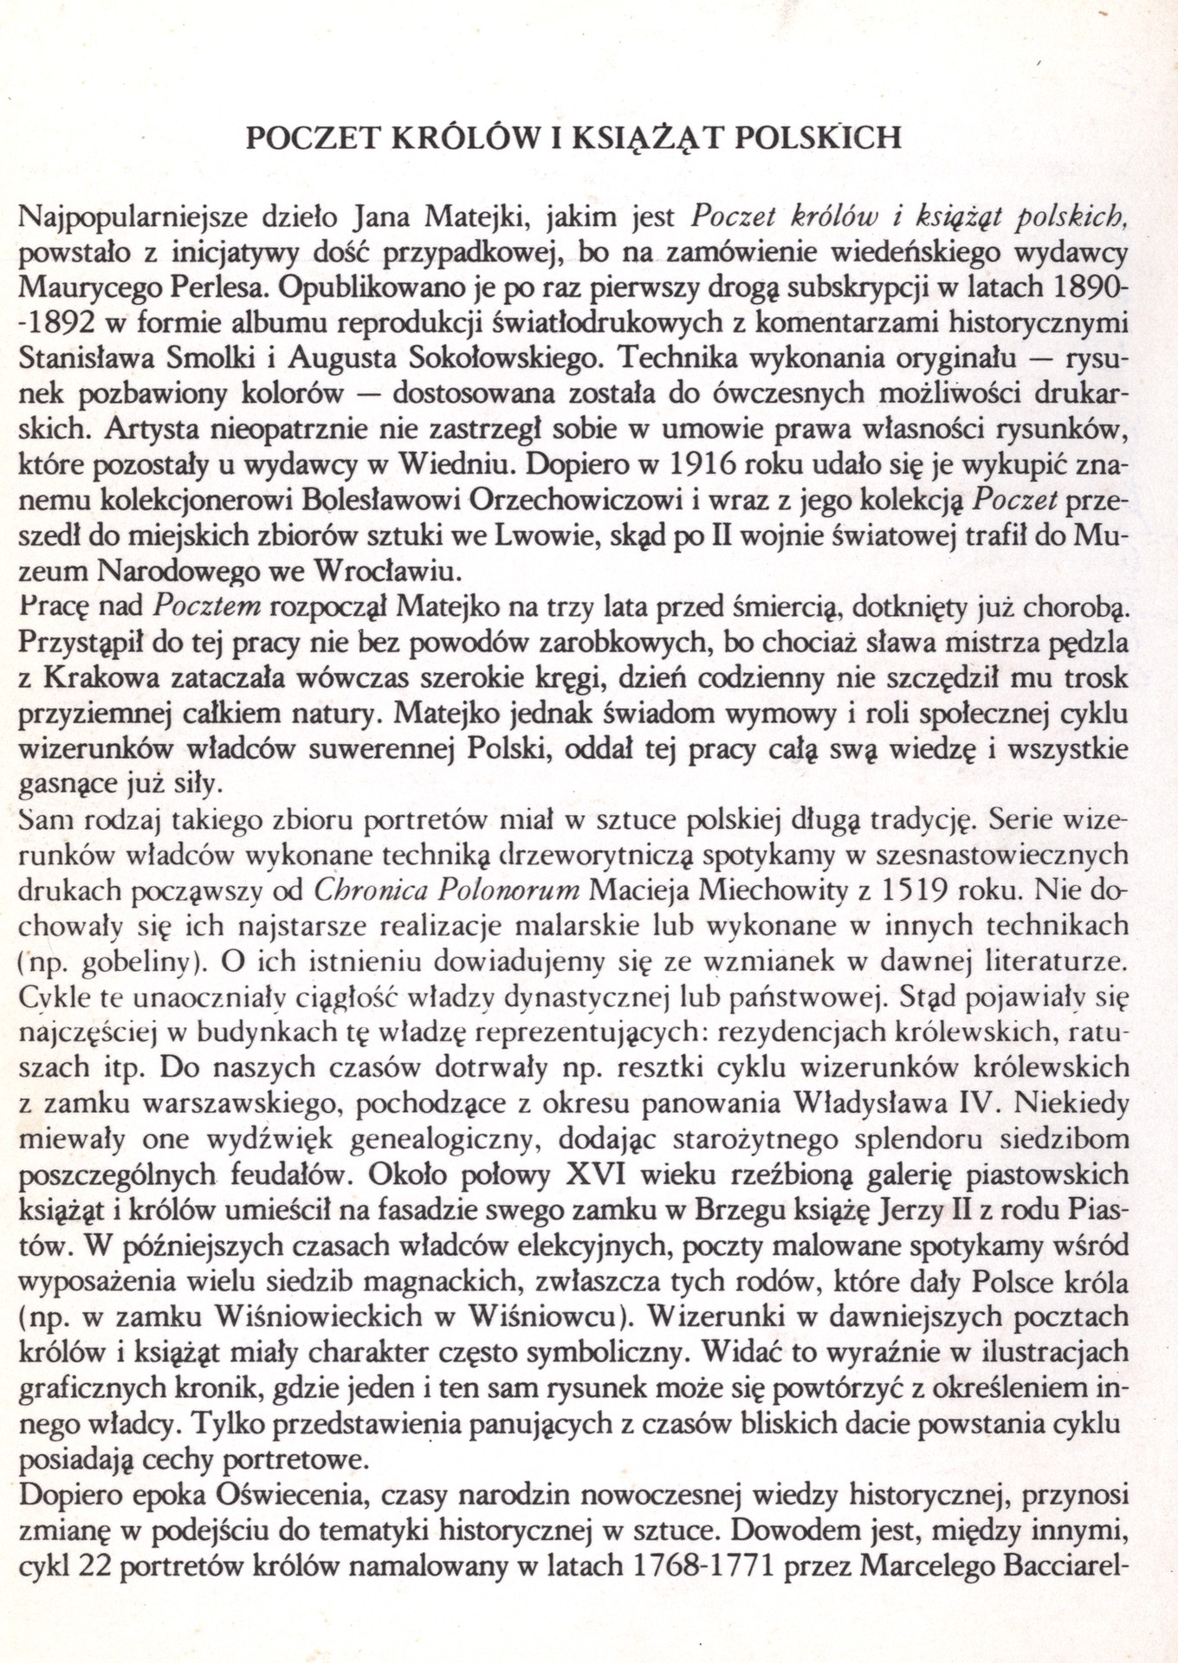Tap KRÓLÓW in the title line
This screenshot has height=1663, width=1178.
460,138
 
